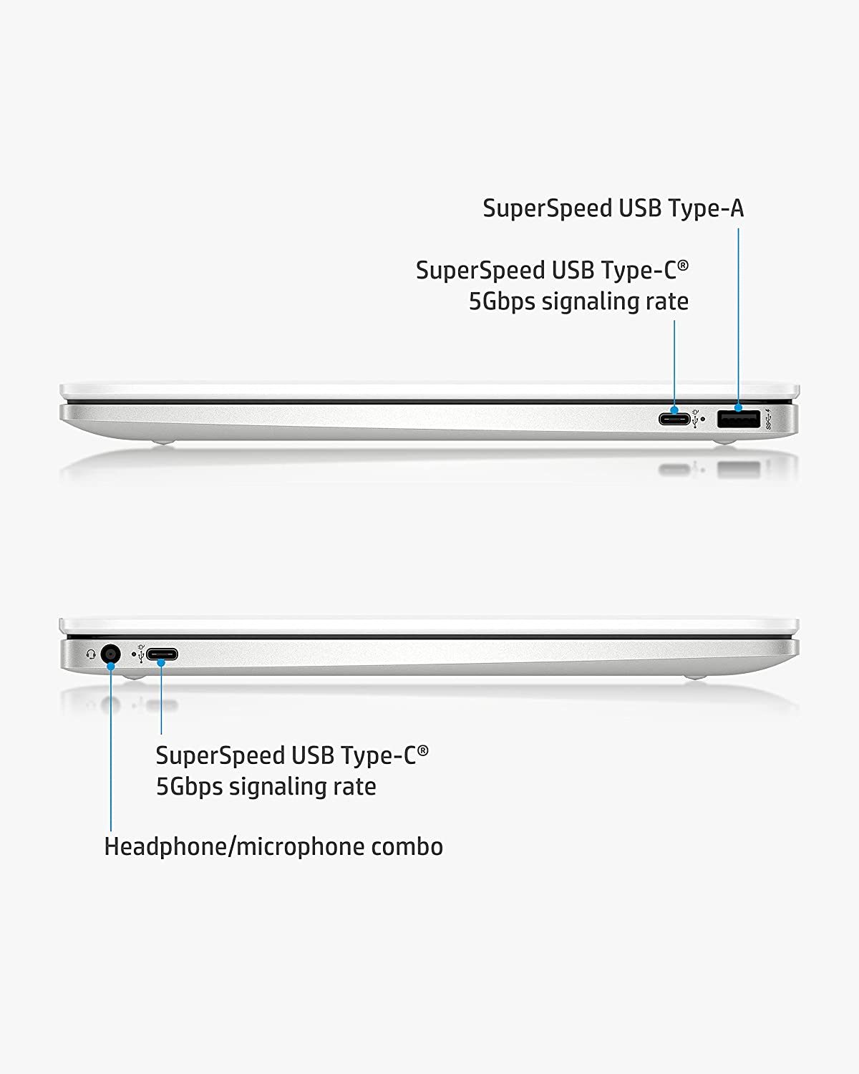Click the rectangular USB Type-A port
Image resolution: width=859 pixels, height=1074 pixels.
point(738,419)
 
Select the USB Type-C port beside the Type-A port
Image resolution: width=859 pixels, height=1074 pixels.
point(674,418)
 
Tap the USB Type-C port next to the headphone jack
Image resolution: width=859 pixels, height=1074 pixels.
point(162,654)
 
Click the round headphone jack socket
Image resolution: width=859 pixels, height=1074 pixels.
point(110,654)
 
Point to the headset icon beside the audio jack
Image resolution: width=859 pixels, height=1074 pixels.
point(91,654)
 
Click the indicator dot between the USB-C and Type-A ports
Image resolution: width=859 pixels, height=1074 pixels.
point(703,420)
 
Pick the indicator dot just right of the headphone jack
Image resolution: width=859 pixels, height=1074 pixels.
point(133,654)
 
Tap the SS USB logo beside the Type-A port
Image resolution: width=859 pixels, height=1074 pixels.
point(767,420)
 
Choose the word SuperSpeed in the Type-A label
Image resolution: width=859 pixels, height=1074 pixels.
point(547,208)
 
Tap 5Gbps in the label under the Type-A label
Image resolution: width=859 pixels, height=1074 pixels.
point(502,302)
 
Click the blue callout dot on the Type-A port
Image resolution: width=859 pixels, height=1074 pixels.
point(738,408)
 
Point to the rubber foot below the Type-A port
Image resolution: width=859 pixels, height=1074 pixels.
point(724,441)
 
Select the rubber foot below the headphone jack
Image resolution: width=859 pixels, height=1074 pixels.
point(133,677)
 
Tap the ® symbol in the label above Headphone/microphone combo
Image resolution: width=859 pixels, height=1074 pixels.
point(423,750)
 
